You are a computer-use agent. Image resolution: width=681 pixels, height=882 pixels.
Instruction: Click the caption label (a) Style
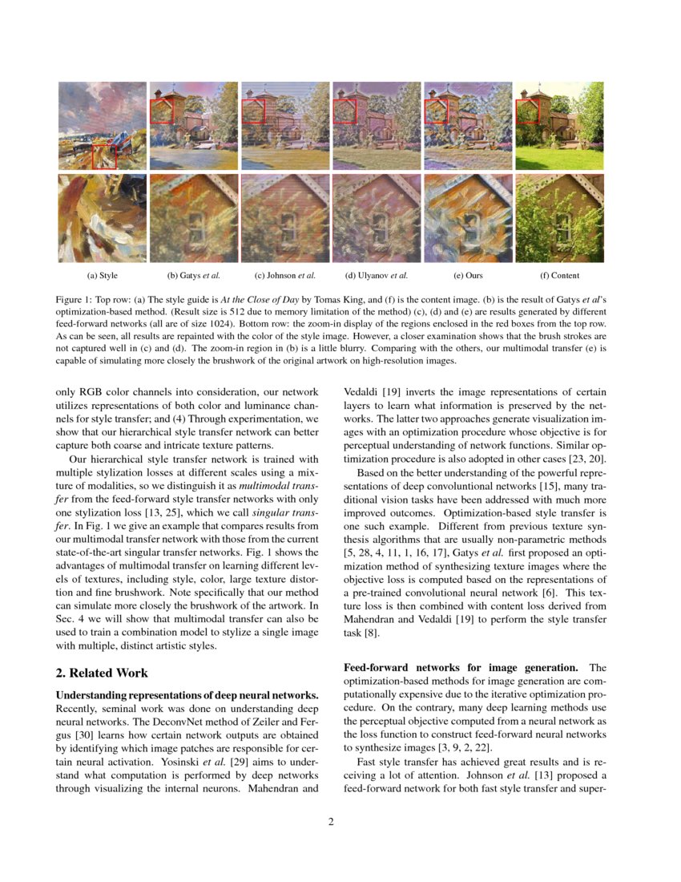(x=103, y=276)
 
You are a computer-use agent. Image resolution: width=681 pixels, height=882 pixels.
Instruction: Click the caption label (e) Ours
(x=468, y=276)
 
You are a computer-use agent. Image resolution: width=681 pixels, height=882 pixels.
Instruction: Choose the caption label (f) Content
(x=559, y=276)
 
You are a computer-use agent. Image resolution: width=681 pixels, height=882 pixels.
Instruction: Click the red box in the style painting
(x=104, y=156)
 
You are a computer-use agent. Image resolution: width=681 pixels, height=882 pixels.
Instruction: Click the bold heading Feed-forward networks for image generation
(x=462, y=667)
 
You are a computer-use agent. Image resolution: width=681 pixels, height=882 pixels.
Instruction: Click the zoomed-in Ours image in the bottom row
(x=468, y=218)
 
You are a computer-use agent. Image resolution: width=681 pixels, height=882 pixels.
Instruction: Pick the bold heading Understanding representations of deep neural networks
(x=187, y=694)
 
